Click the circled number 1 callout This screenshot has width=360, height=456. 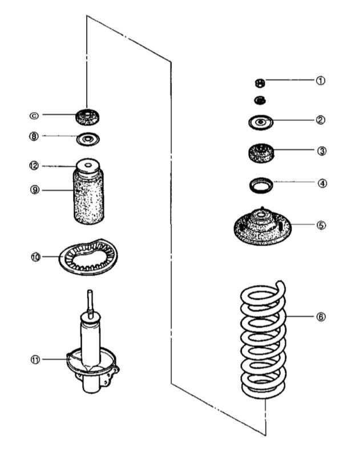[x=321, y=81]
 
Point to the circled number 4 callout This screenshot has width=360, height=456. [x=321, y=184]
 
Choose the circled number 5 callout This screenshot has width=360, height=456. [x=321, y=225]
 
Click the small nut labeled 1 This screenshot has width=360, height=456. [x=260, y=83]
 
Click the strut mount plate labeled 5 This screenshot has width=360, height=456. [x=262, y=226]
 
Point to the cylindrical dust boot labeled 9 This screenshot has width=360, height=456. [x=90, y=197]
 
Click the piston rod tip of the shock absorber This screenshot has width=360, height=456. [x=89, y=294]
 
